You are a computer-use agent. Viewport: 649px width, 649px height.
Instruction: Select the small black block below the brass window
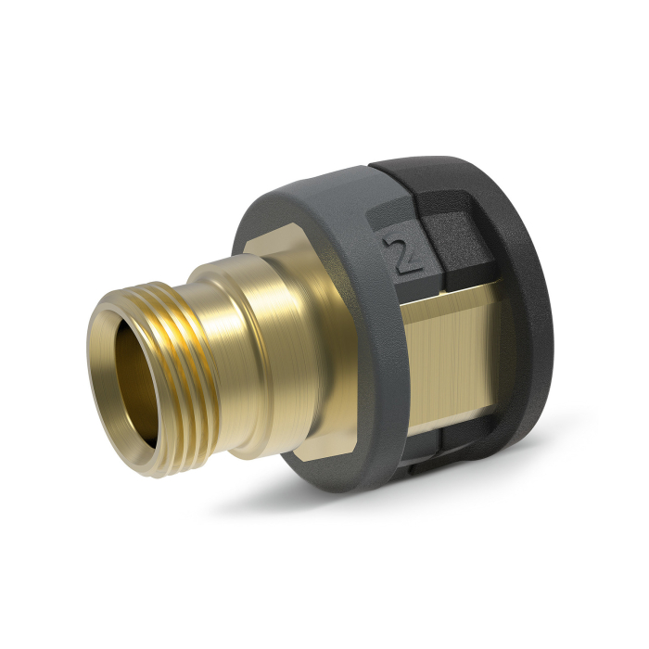tap(464, 445)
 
